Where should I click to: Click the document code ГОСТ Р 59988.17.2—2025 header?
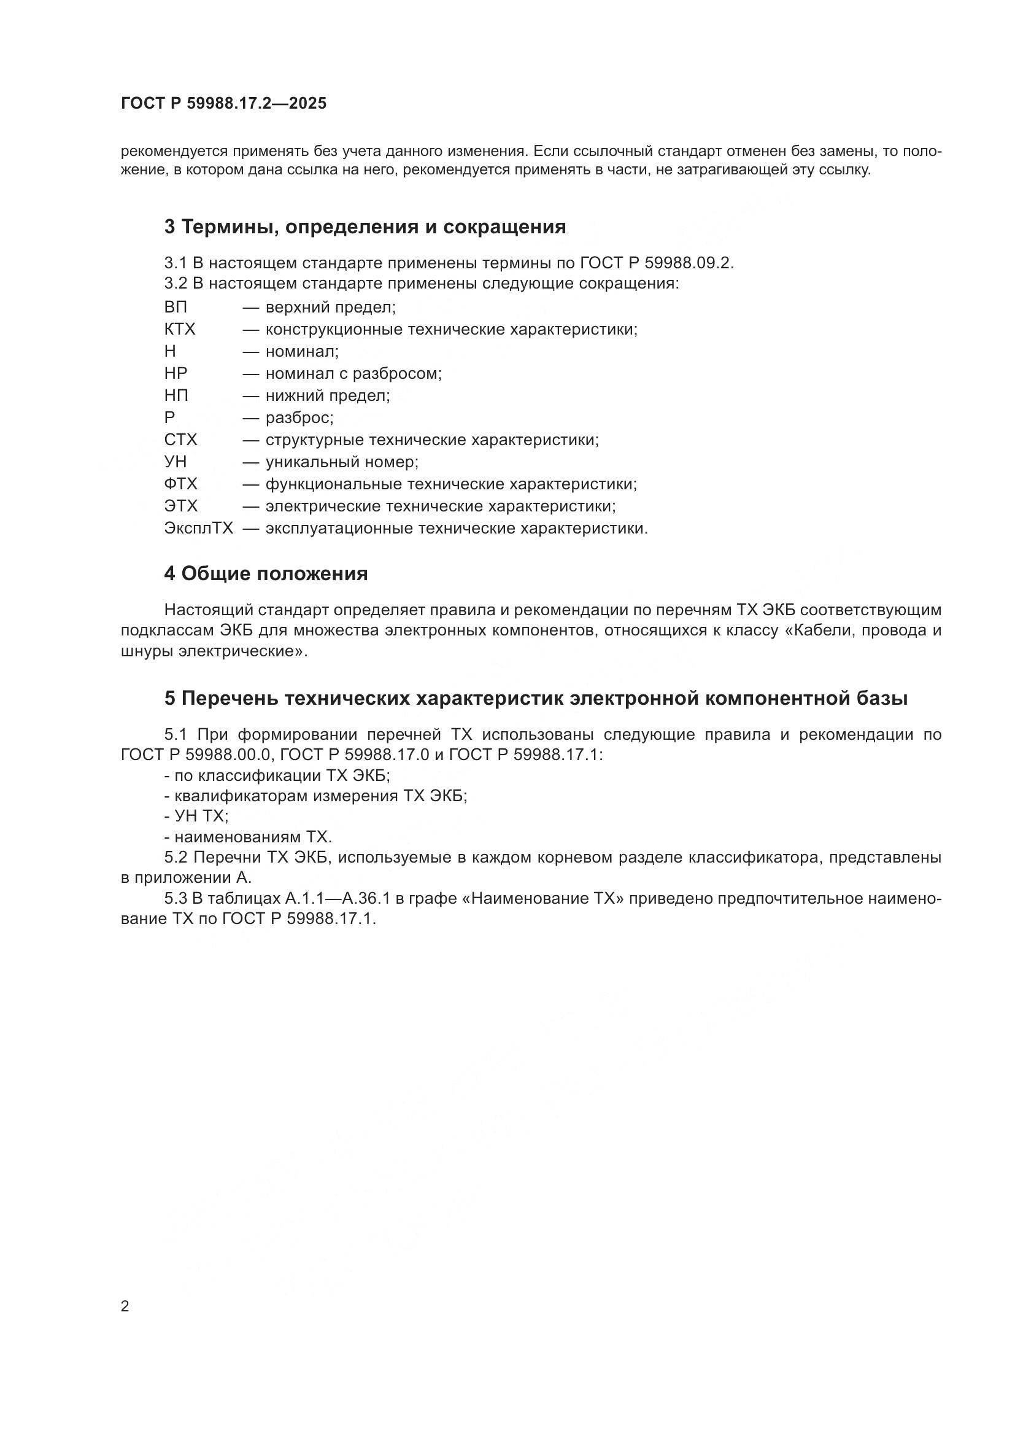[x=223, y=103]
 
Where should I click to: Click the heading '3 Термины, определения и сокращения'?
[x=365, y=227]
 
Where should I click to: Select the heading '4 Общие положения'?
[x=266, y=573]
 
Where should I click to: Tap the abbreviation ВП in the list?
[x=176, y=307]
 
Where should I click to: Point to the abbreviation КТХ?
[x=180, y=329]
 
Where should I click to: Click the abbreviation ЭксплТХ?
[x=199, y=528]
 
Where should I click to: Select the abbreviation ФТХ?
[x=180, y=483]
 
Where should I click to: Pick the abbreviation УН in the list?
[x=176, y=462]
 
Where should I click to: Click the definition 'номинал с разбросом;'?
[x=353, y=373]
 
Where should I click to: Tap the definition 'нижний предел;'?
[x=328, y=395]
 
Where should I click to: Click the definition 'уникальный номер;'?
[x=342, y=462]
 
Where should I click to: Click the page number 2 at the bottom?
[x=125, y=1306]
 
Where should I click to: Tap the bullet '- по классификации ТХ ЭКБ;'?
[x=277, y=775]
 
